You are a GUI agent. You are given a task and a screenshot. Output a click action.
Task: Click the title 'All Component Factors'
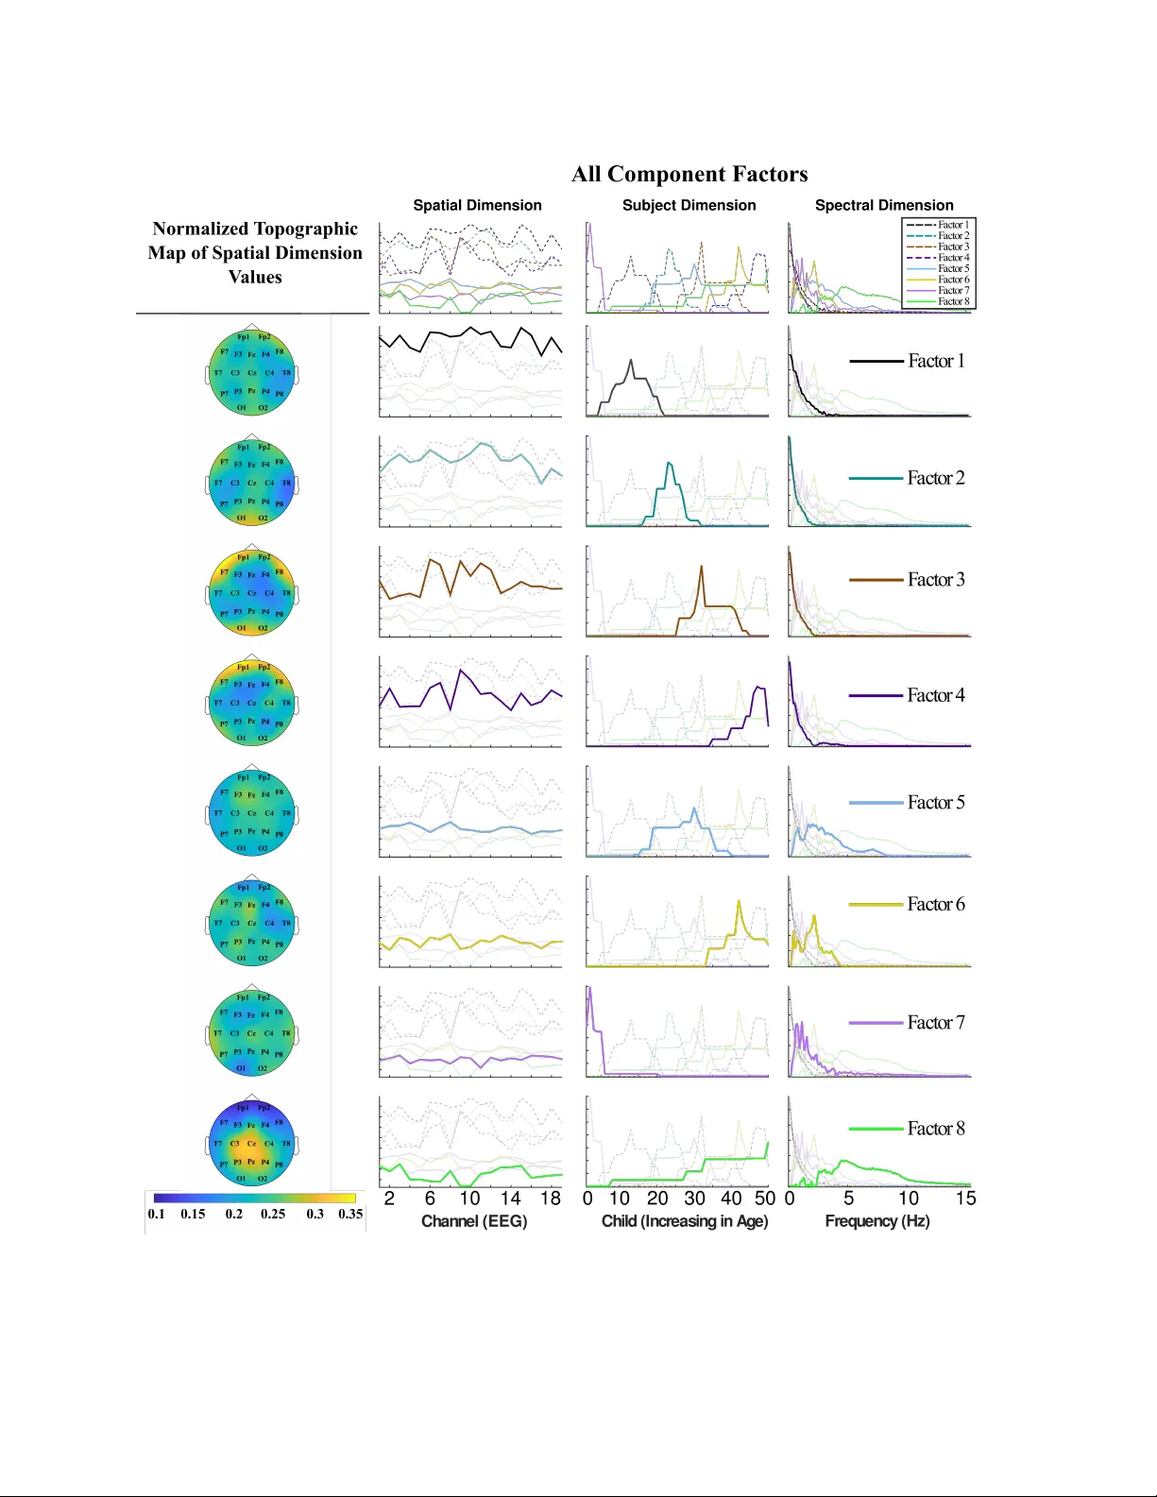click(x=689, y=175)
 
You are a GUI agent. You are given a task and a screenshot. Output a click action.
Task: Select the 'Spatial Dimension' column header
click(x=477, y=205)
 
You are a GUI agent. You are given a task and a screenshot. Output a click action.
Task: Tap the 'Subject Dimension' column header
click(x=689, y=205)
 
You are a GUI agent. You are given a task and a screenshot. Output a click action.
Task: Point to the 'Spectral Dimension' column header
click(x=884, y=205)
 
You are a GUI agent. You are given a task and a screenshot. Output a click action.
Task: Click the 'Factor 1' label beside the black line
click(x=936, y=361)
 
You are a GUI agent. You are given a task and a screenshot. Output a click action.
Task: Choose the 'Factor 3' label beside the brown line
click(x=936, y=580)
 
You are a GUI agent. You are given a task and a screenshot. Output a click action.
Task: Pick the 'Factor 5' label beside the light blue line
click(x=936, y=803)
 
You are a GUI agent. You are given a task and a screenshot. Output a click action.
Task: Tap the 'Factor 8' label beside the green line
click(x=936, y=1129)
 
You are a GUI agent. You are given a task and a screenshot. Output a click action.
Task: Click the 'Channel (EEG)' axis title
click(x=474, y=1221)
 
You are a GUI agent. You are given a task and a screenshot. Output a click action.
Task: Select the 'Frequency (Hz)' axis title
click(x=877, y=1221)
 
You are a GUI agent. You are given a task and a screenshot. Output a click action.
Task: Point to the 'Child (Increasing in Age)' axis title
click(x=685, y=1221)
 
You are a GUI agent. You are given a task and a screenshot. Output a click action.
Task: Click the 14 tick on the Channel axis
click(x=510, y=1199)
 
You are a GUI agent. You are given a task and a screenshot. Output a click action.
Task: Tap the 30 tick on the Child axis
click(x=694, y=1199)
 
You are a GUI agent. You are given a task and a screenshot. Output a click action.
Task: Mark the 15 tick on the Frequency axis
click(x=965, y=1199)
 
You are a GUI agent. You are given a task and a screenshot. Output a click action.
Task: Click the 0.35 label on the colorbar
click(x=350, y=1214)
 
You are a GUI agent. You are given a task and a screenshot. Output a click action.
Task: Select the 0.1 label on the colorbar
click(x=156, y=1214)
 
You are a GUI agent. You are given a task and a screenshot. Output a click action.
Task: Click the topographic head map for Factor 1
click(x=251, y=373)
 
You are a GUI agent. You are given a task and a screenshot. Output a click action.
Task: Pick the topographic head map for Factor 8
click(x=251, y=1143)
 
